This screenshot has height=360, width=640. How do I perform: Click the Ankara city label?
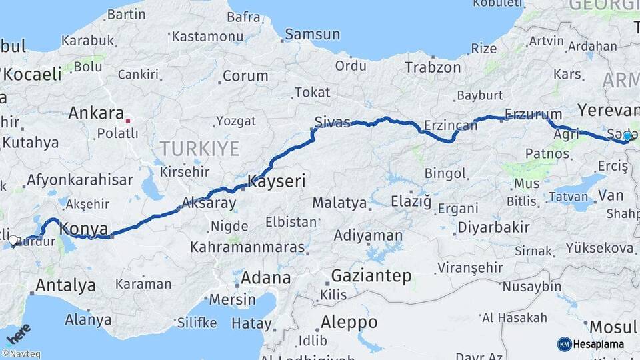click(96, 113)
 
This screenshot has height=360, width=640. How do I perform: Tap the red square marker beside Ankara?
click(127, 121)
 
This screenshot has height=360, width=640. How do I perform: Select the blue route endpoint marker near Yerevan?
click(627, 136)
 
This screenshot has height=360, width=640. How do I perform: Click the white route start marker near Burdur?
click(13, 240)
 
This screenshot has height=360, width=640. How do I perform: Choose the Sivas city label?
click(332, 122)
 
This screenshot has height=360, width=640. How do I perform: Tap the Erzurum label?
click(533, 114)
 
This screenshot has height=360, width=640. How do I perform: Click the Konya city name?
click(83, 229)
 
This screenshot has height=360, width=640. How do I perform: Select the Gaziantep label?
click(371, 275)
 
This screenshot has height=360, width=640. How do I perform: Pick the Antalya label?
click(65, 285)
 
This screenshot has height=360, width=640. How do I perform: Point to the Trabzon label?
click(433, 67)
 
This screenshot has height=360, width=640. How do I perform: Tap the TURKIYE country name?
click(199, 148)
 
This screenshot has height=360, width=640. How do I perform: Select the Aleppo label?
click(349, 322)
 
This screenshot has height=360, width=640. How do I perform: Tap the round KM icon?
click(564, 344)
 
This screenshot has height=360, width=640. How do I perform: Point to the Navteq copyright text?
click(21, 354)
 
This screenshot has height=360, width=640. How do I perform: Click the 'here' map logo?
click(17, 333)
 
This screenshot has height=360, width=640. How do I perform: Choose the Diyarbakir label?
click(493, 227)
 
